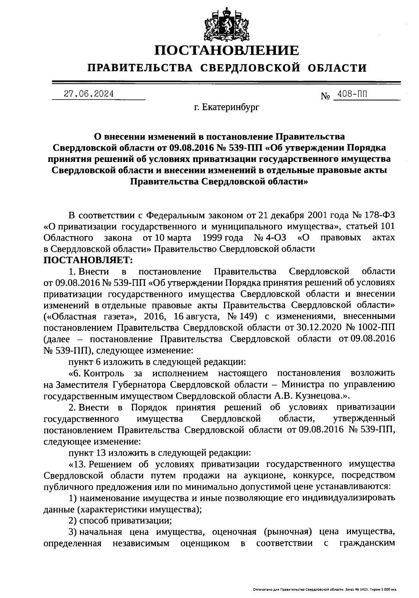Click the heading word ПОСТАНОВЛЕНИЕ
227,50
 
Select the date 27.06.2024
89,94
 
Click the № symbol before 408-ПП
325,95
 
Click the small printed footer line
325,590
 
